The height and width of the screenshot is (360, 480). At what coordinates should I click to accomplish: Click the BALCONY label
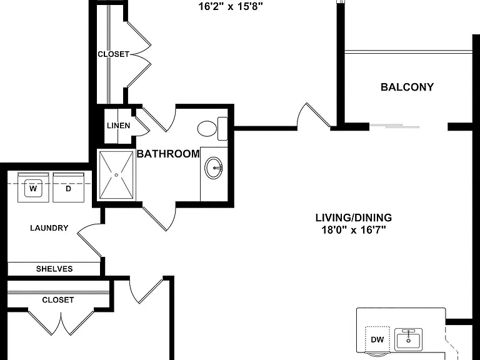pos(407,87)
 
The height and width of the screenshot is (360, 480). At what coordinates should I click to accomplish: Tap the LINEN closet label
pos(119,126)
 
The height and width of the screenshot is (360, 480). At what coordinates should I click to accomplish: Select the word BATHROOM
pos(168,154)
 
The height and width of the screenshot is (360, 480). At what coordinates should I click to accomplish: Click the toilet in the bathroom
pos(212,129)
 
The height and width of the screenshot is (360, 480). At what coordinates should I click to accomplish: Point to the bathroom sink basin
pos(214,168)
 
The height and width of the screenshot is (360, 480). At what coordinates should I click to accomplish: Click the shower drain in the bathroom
pos(116,175)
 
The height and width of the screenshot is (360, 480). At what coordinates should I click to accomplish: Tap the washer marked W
pos(33,187)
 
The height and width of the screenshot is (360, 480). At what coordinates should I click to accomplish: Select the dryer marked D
pos(69,187)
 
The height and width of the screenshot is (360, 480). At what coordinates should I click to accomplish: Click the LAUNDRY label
pos(49,228)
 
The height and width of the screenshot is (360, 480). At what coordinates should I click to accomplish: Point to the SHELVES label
pos(54,269)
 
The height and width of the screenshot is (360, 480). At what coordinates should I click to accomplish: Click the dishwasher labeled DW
pos(377,339)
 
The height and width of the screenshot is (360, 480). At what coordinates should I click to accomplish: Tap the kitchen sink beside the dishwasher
pos(408,339)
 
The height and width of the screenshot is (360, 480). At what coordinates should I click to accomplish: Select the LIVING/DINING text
pos(354,217)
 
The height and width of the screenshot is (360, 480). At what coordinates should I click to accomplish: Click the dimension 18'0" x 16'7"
pos(354,229)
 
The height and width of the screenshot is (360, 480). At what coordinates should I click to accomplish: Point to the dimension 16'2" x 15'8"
pos(231,6)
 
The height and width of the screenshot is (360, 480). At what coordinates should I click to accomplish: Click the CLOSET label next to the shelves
pos(58,300)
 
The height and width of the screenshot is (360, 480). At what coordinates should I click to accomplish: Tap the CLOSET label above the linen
pos(113,54)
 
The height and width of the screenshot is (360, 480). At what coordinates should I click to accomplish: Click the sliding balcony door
pos(394,126)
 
